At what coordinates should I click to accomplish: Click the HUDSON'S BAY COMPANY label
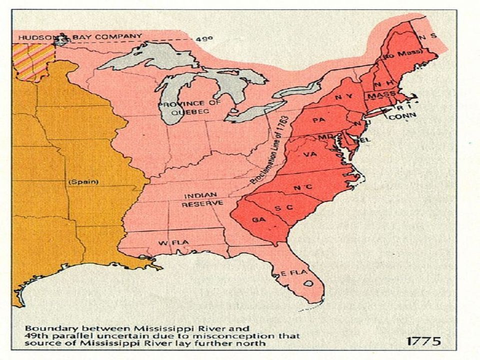pyautogui.click(x=80, y=36)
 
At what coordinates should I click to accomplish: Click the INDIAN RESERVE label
pyautogui.click(x=199, y=200)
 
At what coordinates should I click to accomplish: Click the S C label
pyautogui.click(x=283, y=207)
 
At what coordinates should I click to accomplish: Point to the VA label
pyautogui.click(x=310, y=154)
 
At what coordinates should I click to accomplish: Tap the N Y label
pyautogui.click(x=342, y=95)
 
